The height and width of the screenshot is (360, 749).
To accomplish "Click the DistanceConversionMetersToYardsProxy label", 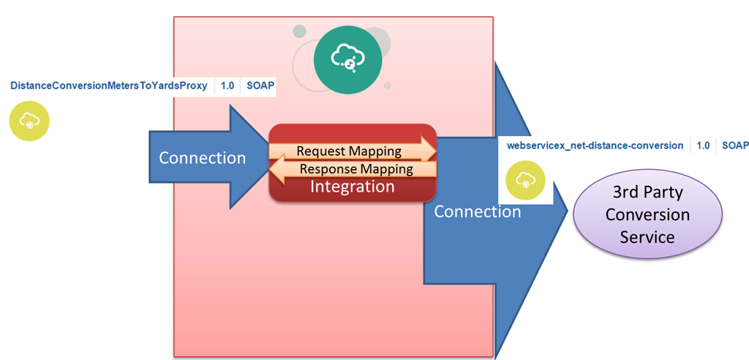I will click(108, 86).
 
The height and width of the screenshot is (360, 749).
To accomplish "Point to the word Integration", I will click(352, 187).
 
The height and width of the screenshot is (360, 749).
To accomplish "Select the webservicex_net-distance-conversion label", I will click(595, 146).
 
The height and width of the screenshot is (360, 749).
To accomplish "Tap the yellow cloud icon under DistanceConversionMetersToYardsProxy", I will click(29, 121).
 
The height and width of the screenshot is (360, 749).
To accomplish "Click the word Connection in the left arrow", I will click(202, 157).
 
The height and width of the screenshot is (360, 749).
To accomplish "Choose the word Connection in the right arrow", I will click(477, 211).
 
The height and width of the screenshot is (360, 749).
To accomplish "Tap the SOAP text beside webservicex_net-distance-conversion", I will click(734, 146).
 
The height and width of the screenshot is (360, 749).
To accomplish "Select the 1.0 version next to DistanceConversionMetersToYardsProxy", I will click(227, 86).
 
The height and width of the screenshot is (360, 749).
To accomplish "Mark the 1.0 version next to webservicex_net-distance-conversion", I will click(703, 146).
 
